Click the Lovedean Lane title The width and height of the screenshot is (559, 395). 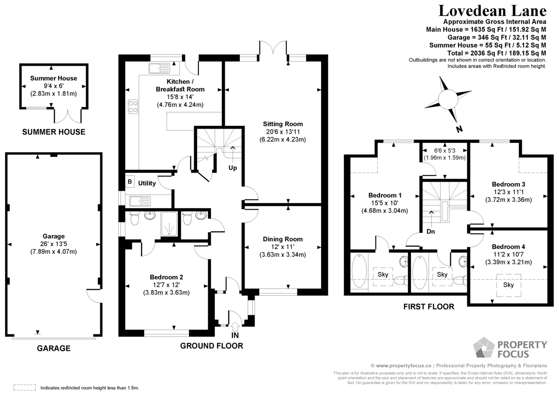point(492,11)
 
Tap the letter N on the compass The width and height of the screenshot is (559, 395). point(459,129)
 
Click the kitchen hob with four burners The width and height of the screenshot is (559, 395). point(133,107)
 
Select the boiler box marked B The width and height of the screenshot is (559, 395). point(130,181)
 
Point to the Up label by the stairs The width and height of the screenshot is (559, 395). point(232,168)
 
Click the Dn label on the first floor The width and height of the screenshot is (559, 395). point(430,232)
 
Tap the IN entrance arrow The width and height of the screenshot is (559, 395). point(235,327)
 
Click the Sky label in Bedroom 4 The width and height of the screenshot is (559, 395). point(508,285)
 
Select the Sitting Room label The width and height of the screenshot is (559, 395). point(283,124)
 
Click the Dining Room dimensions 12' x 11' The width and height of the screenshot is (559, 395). point(283,247)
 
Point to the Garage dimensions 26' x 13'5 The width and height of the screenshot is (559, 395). point(54,244)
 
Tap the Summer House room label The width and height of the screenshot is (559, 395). point(54,78)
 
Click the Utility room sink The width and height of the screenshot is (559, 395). point(140,201)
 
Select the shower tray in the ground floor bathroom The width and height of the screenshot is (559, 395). point(169,224)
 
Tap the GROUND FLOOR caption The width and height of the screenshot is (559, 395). point(211,346)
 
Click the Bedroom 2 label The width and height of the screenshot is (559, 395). point(166,277)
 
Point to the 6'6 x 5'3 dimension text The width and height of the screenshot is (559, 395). point(445,150)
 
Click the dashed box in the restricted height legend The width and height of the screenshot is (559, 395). point(24,388)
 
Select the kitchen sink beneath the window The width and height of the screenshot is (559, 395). point(159,68)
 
